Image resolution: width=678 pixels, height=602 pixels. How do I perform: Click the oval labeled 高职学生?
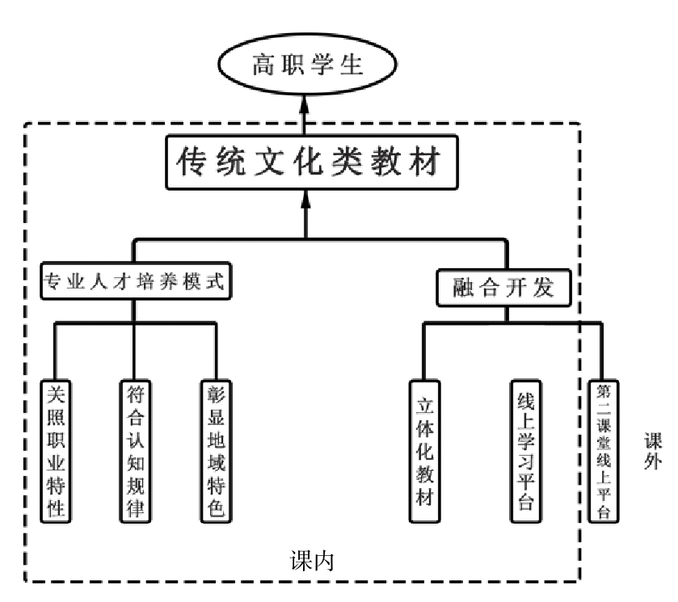click(x=305, y=65)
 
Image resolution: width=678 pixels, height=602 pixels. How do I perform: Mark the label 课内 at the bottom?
click(x=312, y=561)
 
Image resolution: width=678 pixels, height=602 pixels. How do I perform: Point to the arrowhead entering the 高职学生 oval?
click(x=305, y=103)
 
